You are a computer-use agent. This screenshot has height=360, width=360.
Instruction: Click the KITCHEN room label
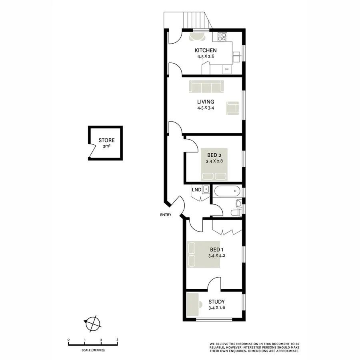coord(206,50)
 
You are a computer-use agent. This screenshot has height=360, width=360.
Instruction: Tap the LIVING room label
coord(205,102)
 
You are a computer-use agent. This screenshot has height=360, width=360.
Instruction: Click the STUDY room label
coord(216,302)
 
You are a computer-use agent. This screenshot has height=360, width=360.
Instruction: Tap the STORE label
coord(106,140)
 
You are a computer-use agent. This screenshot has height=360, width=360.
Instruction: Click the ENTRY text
coord(165,215)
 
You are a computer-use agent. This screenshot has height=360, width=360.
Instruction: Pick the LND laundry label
coord(196,189)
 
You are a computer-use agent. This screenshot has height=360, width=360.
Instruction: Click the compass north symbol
coord(92,322)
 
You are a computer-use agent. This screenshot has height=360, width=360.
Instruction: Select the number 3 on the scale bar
coord(117,340)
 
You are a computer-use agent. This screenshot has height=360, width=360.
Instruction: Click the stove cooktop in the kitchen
coord(222,37)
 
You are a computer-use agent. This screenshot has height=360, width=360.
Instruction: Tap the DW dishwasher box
coord(227,70)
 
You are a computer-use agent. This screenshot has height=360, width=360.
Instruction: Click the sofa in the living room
coord(206,86)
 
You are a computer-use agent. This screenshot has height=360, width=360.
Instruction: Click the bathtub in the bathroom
coord(227,192)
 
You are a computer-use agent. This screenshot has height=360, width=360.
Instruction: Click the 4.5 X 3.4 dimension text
coord(205,108)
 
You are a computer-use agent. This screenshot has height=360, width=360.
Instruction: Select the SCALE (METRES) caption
coord(93,350)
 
